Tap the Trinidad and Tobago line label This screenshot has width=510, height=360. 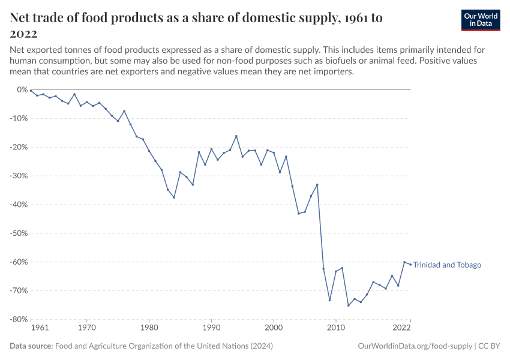[x=447, y=265]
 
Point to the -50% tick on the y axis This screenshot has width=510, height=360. [x=19, y=233]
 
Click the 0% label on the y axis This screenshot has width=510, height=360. [x=22, y=89]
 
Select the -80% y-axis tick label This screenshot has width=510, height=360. [x=19, y=319]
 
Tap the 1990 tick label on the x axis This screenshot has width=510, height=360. [x=211, y=328]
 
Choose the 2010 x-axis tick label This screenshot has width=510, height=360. [x=335, y=328]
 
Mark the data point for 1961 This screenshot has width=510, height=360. [x=31, y=91]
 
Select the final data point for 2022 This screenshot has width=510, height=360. [x=410, y=264]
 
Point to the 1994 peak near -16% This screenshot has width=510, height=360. [x=236, y=136]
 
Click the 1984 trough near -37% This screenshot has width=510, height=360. [x=174, y=197]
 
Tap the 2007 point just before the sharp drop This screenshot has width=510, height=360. [x=317, y=184]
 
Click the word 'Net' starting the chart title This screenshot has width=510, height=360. [x=22, y=18]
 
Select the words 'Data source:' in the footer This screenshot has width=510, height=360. [x=31, y=346]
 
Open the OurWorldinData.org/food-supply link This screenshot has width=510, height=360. [x=414, y=346]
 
